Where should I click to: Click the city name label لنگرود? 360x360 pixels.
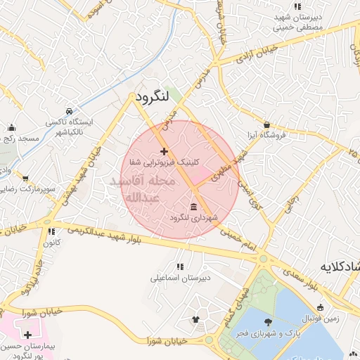coord(153,96)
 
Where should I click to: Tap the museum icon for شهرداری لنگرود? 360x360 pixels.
coord(193,206)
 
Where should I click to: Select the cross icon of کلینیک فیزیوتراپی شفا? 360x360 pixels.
coord(164,151)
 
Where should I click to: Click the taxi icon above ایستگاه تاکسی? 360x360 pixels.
coord(68,111)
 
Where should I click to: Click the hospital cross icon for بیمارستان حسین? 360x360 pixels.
coord(27,335)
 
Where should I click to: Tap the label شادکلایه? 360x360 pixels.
coord(340,266)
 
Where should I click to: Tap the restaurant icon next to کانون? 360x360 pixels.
coord(50,231)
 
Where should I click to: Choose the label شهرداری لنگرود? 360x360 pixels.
coord(194,218)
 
